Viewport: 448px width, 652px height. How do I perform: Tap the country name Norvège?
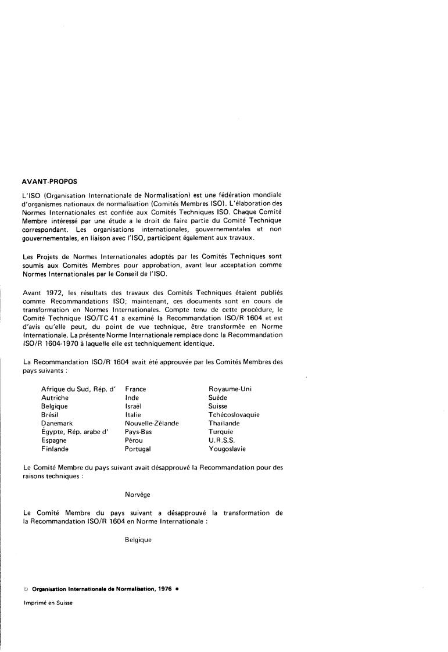tap(138, 495)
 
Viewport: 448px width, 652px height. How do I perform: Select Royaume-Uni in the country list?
tap(230, 389)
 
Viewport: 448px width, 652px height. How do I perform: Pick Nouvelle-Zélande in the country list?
tap(152, 424)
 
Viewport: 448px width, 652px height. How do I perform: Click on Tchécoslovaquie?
tap(234, 415)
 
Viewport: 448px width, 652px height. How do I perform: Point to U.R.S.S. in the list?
tap(221, 440)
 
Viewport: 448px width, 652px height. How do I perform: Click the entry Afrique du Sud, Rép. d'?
tap(79, 389)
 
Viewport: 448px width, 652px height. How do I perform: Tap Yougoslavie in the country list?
tap(227, 449)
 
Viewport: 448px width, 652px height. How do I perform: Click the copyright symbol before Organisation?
tap(26, 588)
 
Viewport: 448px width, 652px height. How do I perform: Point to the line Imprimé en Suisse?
tap(48, 602)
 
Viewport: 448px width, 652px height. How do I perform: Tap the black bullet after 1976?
tap(177, 588)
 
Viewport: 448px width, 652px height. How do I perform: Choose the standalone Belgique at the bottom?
tap(138, 540)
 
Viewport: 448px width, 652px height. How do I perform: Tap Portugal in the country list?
tap(138, 449)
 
